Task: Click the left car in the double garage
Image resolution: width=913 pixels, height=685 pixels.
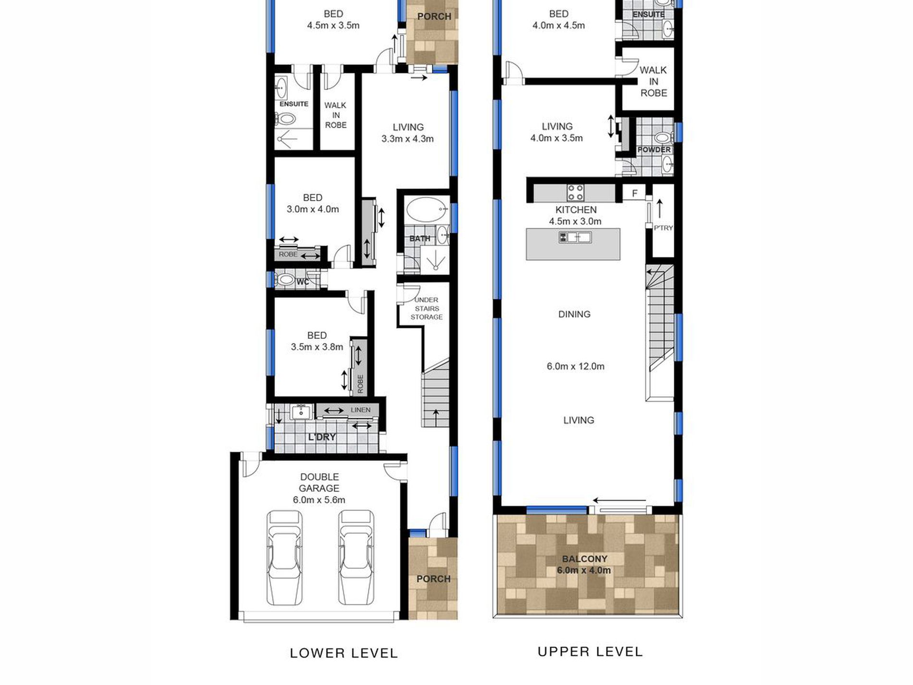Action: pos(284,558)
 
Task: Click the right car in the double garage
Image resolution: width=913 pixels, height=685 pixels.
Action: pos(356,558)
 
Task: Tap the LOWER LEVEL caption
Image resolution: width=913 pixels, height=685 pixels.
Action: pos(344,653)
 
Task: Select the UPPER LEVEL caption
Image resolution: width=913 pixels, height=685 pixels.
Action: pos(590,652)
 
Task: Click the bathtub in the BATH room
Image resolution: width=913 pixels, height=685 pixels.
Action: pos(425,210)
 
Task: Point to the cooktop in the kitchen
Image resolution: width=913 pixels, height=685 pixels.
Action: pos(575,193)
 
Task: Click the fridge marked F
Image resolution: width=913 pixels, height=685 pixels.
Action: pos(634,193)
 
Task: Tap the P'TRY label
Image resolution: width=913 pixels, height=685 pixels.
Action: pos(663,228)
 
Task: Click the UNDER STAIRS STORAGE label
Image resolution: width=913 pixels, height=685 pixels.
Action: pos(427,309)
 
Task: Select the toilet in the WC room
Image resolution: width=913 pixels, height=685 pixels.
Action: pos(286,279)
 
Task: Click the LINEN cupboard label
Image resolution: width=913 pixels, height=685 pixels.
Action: pos(360,410)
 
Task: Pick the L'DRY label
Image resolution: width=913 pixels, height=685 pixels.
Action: pos(322,437)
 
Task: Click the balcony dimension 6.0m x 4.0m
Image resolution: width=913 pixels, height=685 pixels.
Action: pos(584,571)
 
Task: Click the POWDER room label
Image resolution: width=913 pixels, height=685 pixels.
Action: pos(654,150)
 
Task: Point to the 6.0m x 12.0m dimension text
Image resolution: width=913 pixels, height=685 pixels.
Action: pos(576,366)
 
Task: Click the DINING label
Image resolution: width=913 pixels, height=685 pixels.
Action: pos(574,314)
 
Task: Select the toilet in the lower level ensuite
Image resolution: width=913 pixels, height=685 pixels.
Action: pos(285,118)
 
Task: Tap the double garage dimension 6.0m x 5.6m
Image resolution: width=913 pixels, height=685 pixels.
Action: pos(319,500)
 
